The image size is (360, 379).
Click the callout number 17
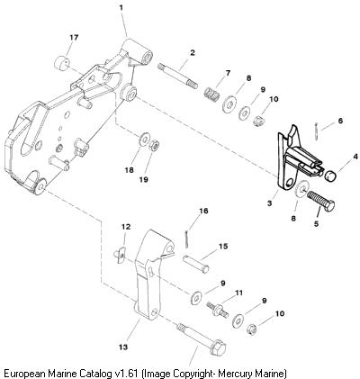coord(74,38)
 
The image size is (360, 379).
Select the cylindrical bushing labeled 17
coord(62,64)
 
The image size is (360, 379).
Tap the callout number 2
coord(193,53)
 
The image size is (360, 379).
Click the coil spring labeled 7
coord(212,95)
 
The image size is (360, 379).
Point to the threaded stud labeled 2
coord(177,76)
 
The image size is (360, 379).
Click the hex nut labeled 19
coord(154,146)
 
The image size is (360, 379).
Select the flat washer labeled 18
coord(145,139)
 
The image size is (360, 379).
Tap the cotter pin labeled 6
coord(318,131)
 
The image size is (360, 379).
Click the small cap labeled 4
coord(331,176)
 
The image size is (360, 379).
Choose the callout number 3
coord(270,203)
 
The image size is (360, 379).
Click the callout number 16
coord(203,211)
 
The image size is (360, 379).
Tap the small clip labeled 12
coord(121,254)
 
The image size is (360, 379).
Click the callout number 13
coord(123,347)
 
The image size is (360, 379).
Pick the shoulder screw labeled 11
coord(218,310)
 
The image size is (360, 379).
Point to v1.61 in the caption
coord(126,374)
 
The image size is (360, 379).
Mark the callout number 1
coord(121,7)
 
